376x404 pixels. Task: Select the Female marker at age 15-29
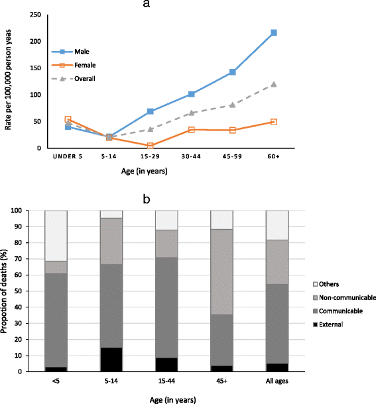point(151,146)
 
